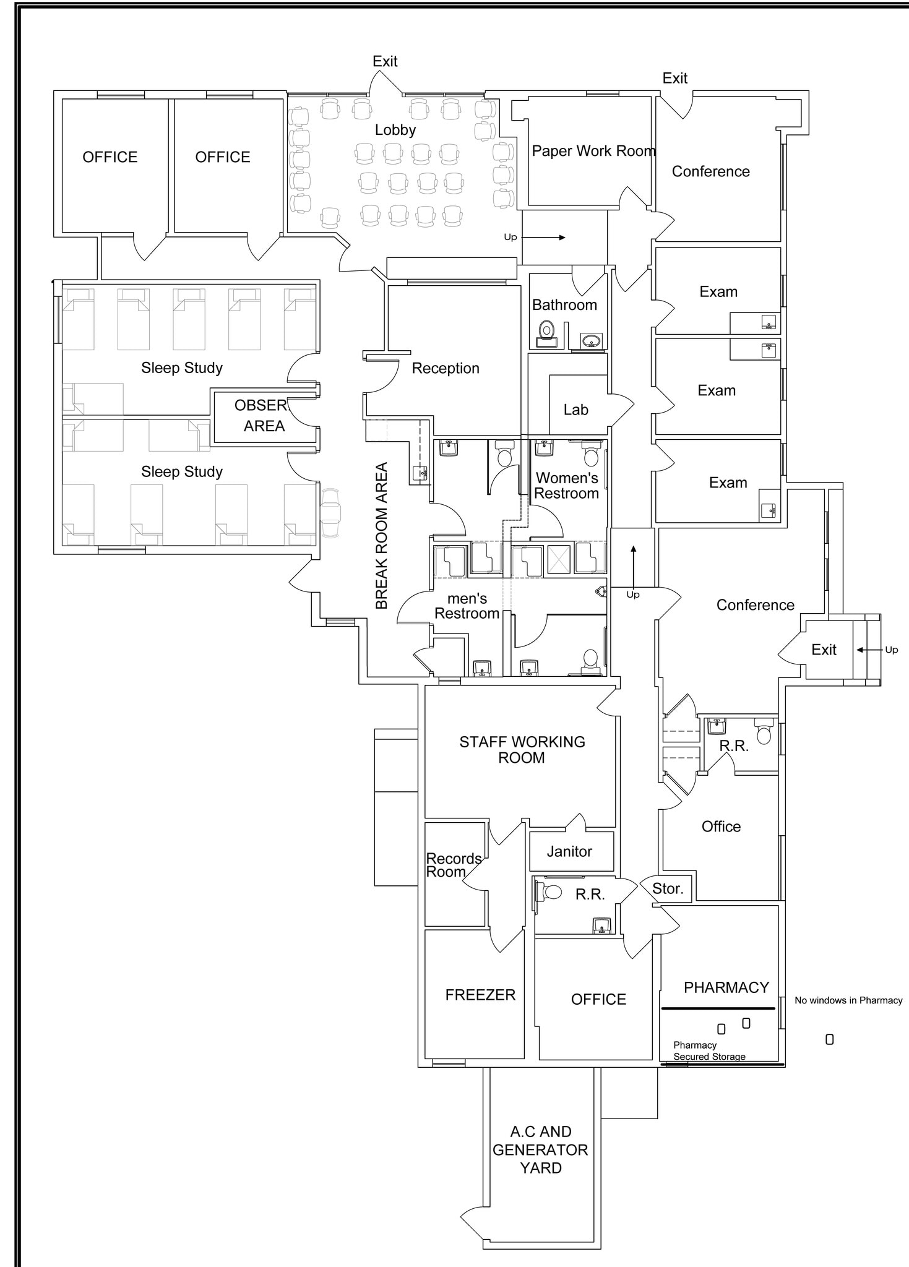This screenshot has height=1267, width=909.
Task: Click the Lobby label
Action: click(x=395, y=130)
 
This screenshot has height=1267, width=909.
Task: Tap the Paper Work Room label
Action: click(x=593, y=151)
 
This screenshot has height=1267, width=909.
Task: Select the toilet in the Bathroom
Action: click(x=546, y=331)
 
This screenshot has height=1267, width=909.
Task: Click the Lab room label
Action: click(x=575, y=410)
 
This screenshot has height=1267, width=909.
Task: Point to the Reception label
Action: click(x=446, y=368)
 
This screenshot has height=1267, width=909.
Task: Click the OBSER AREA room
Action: click(x=264, y=416)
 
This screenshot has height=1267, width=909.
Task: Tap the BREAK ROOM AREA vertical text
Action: click(x=381, y=536)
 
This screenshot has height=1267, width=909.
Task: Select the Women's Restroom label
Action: click(x=566, y=486)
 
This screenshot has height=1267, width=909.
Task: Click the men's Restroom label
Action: click(x=467, y=606)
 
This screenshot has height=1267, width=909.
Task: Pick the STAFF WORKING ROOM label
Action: click(x=522, y=749)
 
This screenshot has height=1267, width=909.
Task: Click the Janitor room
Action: click(x=569, y=851)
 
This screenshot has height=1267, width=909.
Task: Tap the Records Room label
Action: click(x=454, y=865)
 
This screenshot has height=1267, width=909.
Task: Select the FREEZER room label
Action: click(x=480, y=995)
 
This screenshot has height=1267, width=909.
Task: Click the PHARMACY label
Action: click(x=726, y=987)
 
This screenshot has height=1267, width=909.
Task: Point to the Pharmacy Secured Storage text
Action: click(x=709, y=1050)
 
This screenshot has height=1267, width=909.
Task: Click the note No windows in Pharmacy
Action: click(x=848, y=1000)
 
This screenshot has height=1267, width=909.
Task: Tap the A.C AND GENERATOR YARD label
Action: click(x=540, y=1149)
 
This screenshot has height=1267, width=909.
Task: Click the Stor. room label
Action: click(x=668, y=888)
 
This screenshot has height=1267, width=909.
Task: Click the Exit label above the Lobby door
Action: click(x=385, y=61)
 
